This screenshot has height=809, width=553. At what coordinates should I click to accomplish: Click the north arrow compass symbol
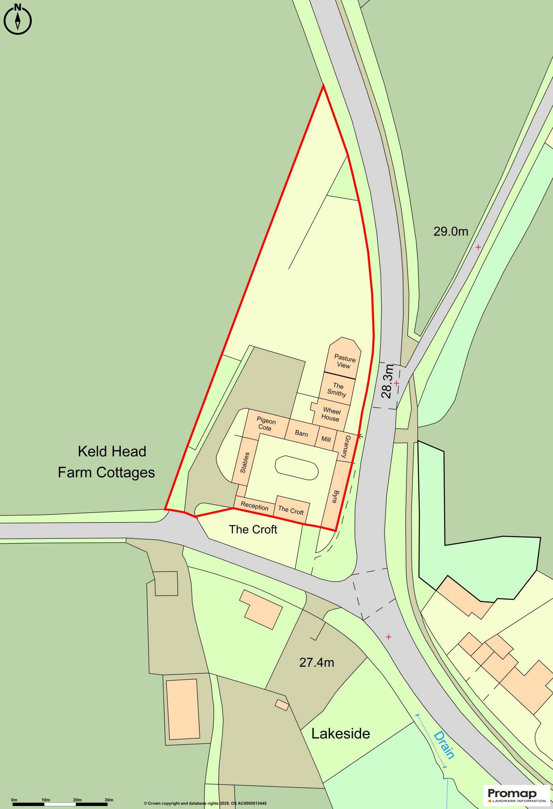click(17, 19)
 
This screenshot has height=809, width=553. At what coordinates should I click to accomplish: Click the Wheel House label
click(331, 414)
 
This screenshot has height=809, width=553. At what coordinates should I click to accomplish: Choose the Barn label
click(301, 433)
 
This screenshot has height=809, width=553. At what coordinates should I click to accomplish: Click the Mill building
click(326, 438)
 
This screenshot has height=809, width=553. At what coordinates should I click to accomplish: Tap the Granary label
click(348, 447)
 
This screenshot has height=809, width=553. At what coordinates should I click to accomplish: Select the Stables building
click(244, 462)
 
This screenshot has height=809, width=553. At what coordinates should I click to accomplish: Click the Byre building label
click(335, 496)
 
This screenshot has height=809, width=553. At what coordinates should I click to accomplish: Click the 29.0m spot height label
click(451, 231)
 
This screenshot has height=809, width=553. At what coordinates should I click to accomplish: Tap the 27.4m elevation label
click(316, 662)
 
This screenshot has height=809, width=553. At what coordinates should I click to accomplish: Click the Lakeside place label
click(340, 734)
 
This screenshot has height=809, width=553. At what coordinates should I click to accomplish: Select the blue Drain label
click(444, 745)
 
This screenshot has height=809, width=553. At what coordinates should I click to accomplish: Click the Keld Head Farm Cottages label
click(107, 462)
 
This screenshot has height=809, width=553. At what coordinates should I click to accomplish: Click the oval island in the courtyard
click(297, 468)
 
